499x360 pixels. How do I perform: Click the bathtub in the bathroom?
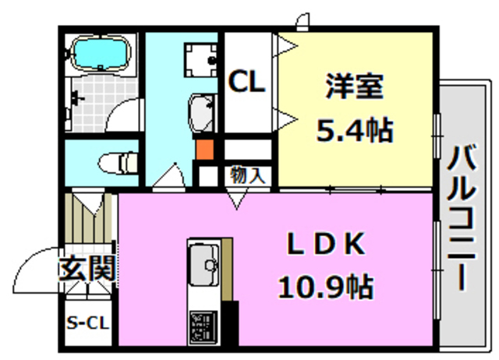click(100, 55)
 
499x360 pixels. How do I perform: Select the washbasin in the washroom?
click(202, 114)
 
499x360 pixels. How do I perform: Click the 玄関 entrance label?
click(87, 270)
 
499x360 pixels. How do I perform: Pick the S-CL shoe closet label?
click(87, 322)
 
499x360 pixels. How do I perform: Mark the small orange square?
click(204, 149)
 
